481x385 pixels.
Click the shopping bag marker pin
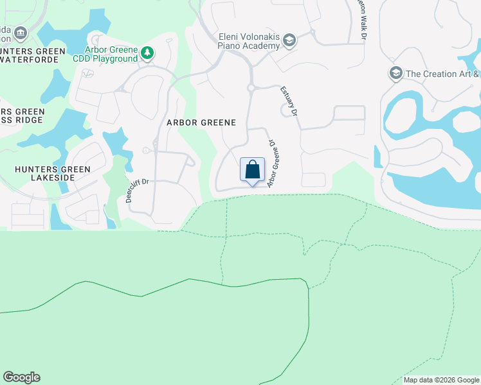click(253, 171)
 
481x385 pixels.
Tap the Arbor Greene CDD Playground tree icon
click(147, 52)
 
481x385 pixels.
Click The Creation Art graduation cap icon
click(395, 73)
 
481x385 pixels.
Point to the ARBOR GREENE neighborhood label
click(201, 122)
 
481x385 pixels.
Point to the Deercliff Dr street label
click(138, 190)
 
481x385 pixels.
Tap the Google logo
click(21, 377)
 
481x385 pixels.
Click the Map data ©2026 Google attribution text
click(441, 380)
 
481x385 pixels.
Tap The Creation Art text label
click(440, 74)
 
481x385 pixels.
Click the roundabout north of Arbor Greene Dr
click(252, 87)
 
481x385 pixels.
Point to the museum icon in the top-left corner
click(21, 33)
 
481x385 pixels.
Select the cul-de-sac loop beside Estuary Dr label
click(285, 111)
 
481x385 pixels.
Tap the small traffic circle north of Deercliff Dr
click(147, 151)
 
